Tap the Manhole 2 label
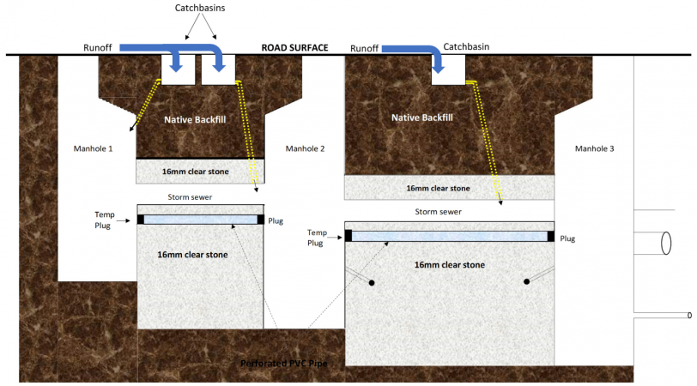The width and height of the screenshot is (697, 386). [305, 148]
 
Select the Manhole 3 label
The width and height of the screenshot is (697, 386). [594, 148]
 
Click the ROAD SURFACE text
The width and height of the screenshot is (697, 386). [294, 48]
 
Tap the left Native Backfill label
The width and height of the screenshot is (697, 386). [195, 120]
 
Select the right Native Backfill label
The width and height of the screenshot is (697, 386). [421, 118]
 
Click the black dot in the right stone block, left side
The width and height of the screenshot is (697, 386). [372, 282]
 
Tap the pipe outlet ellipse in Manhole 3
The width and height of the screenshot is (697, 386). [665, 244]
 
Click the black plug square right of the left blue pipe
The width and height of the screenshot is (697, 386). [262, 220]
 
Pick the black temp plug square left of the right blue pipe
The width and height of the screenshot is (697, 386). [348, 236]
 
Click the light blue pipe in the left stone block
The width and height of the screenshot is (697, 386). [200, 220]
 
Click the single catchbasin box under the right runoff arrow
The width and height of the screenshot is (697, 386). [448, 71]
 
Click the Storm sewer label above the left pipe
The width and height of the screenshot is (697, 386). [199, 196]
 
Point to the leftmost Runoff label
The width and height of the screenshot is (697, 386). [99, 48]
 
